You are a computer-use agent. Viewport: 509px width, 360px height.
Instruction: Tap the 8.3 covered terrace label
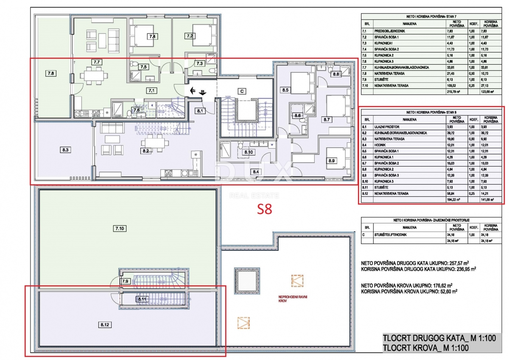(x=65, y=149)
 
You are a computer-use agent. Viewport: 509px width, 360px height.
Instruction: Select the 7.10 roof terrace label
(x=120, y=229)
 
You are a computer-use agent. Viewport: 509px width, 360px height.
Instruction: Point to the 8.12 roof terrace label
(x=106, y=325)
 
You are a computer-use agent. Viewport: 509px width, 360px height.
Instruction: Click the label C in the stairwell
(x=242, y=91)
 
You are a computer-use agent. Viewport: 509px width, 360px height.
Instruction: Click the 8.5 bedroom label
(x=285, y=90)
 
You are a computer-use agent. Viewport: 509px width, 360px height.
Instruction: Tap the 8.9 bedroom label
(x=331, y=161)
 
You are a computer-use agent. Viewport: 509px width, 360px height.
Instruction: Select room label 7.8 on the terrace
(x=50, y=73)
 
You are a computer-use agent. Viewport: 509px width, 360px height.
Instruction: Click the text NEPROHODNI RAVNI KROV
(x=293, y=299)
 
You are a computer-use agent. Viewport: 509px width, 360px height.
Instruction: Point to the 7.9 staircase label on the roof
(x=125, y=281)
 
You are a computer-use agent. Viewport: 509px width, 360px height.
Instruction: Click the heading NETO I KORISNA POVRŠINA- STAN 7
(x=431, y=17)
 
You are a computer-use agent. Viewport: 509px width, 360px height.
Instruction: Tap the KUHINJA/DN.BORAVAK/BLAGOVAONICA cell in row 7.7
(x=402, y=67)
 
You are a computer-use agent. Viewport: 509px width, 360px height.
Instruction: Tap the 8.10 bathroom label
(x=248, y=152)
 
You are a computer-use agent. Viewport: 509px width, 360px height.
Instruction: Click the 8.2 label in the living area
(x=145, y=150)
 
